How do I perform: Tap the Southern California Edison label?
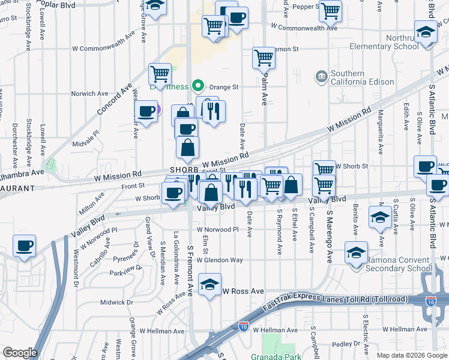pos(356,77)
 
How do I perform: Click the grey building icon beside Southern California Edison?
pos(322,77)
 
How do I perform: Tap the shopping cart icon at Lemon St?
pos(264,58)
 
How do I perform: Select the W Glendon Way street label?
pos(220,260)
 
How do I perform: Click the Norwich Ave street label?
pos(89,94)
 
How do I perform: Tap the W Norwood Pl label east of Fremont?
pos(217,229)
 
